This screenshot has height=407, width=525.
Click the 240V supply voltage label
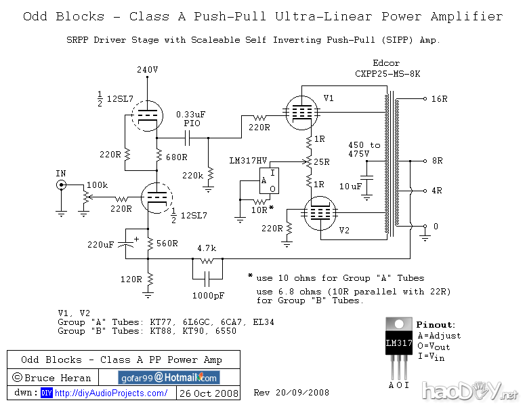[x=147, y=70]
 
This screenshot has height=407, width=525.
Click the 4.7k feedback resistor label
[x=207, y=248]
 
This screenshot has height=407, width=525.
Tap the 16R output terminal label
[x=439, y=98]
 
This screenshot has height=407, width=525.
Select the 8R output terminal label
[x=436, y=161]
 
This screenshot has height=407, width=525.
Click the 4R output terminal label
[x=436, y=191]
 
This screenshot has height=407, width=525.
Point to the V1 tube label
[x=329, y=98]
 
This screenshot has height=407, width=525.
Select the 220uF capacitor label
[x=100, y=244]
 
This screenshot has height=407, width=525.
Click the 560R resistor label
[x=167, y=244]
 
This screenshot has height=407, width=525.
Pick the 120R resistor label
[x=131, y=279]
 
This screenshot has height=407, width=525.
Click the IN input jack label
[x=61, y=174]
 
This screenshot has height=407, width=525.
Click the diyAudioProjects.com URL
[x=111, y=393]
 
